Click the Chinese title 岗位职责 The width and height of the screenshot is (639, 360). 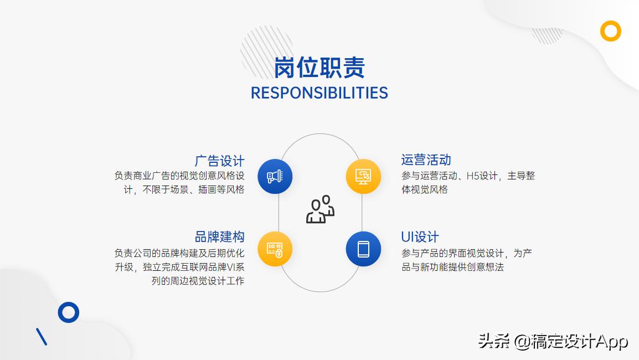coord(319,68)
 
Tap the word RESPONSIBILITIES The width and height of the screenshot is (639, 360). coord(319,92)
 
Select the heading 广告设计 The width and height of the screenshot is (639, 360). coord(219,161)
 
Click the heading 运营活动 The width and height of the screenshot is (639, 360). coord(426,160)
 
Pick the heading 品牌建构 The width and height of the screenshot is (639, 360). coord(219,236)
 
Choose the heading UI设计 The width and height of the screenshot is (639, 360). coord(420,237)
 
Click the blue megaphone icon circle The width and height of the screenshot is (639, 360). coord(275,177)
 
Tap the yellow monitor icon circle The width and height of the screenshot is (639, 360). coord(363,177)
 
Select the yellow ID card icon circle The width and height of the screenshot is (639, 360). coord(275,249)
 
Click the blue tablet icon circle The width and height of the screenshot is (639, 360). coord(363,249)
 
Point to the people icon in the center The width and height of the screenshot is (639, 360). coord(320,209)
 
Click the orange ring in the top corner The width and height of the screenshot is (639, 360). coord(611,31)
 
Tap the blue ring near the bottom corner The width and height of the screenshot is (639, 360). coord(69,312)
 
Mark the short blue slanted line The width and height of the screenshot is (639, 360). coord(42,337)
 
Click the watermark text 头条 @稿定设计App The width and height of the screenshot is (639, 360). coord(553,341)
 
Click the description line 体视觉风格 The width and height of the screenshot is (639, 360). coord(424,189)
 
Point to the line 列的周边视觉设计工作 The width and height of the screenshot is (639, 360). coord(198,281)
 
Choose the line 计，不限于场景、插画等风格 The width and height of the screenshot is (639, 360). coord(183,189)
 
